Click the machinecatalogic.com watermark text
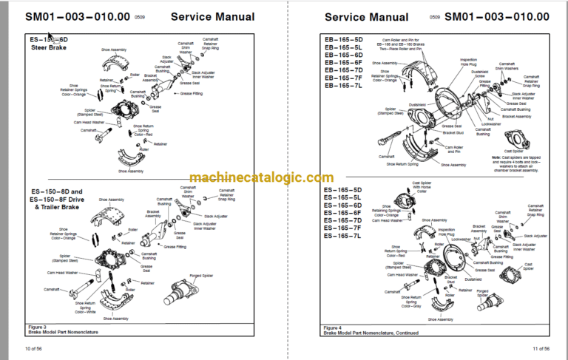coord(261,177)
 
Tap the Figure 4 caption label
coord(334,326)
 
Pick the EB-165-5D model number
coord(344,38)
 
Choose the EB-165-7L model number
coord(344,86)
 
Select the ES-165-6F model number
coord(344,213)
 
